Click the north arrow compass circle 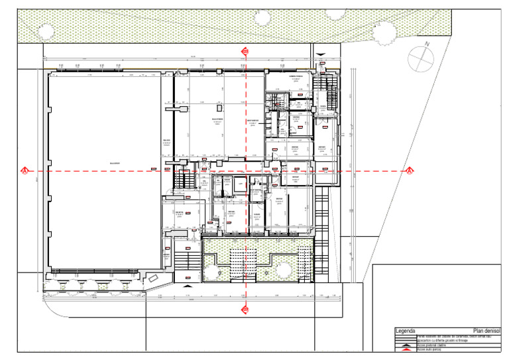[x=420, y=59]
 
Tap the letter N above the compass [x=428, y=44]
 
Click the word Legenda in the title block [x=405, y=331]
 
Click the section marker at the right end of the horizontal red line [x=410, y=171]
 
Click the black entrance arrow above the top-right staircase [x=321, y=56]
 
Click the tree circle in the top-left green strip [x=46, y=30]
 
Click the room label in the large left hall [x=114, y=163]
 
